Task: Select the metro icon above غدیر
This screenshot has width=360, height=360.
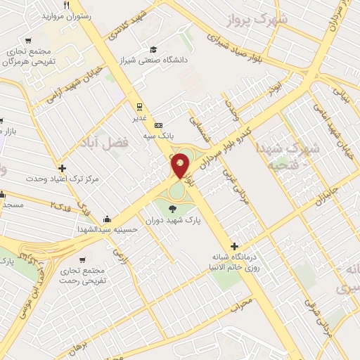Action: [140, 107]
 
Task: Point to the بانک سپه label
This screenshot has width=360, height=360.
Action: [158, 134]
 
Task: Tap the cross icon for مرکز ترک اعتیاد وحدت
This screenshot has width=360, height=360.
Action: [63, 168]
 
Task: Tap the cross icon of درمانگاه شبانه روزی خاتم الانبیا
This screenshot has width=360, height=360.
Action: [234, 246]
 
